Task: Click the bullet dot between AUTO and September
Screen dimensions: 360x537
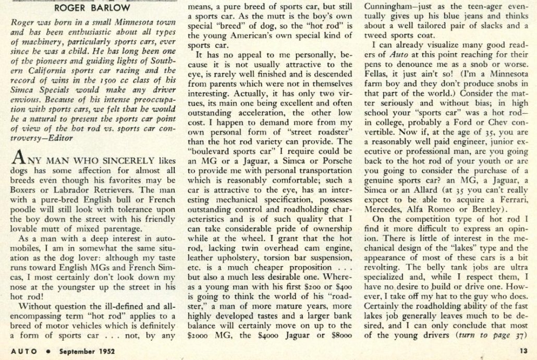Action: pyautogui.click(x=48, y=351)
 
